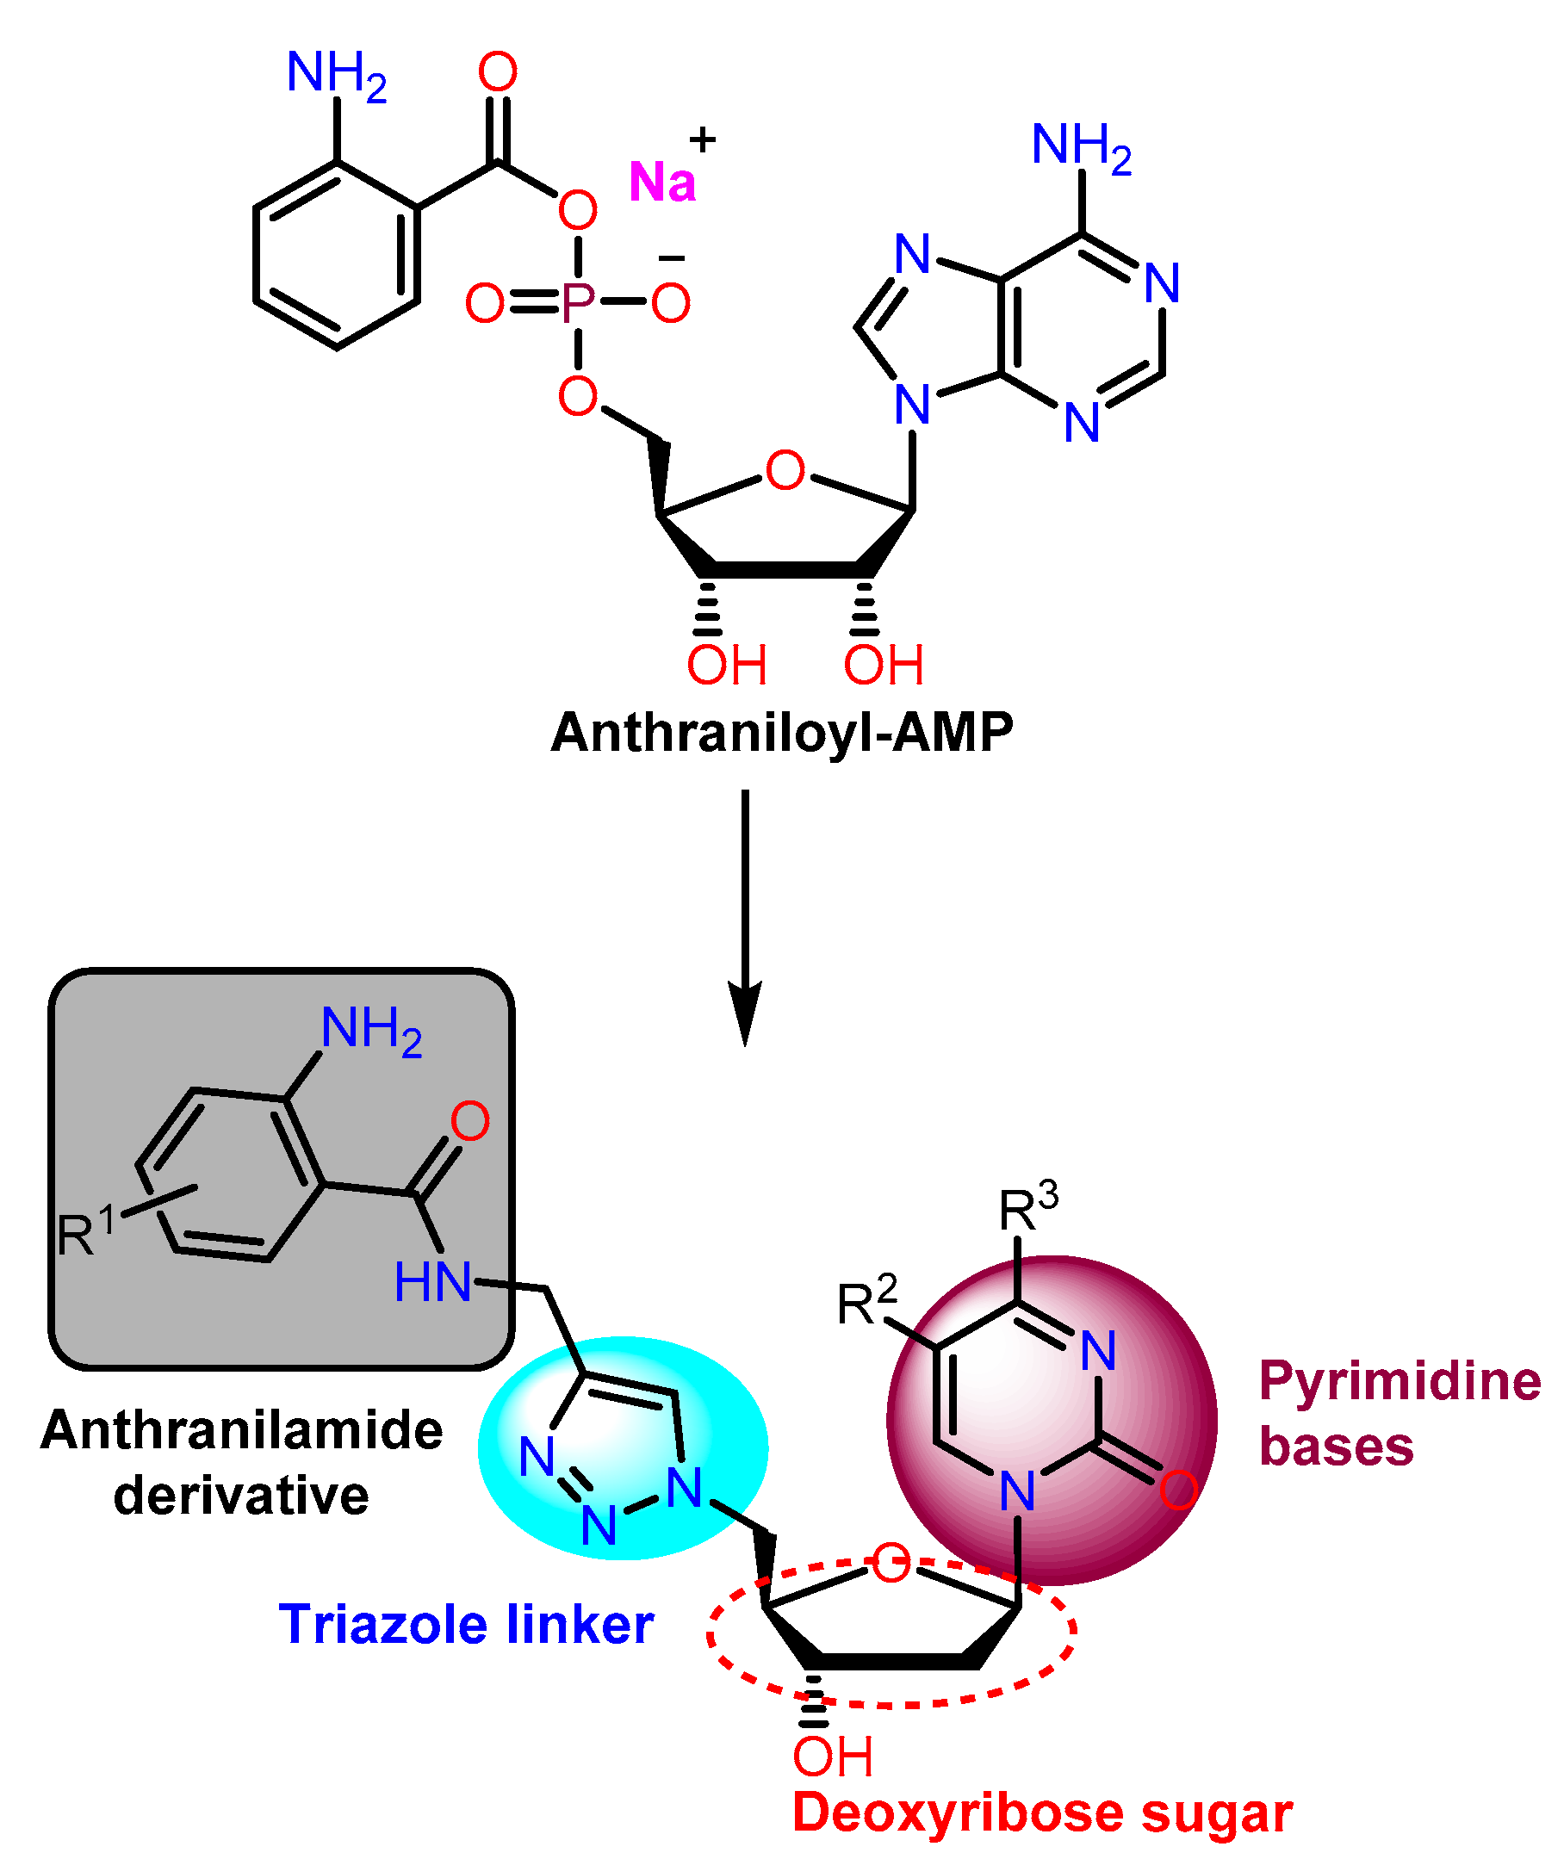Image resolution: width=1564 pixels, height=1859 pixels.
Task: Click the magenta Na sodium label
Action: [x=661, y=183]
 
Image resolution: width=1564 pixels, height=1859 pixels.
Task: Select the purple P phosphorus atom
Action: [x=578, y=303]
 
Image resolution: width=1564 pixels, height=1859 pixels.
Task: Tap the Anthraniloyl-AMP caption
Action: [x=781, y=733]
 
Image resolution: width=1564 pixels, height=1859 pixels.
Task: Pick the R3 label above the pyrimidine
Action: [x=1027, y=1206]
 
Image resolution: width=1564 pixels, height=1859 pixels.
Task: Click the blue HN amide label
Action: [x=432, y=1282]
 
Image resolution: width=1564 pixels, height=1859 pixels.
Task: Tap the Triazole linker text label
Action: [x=467, y=1624]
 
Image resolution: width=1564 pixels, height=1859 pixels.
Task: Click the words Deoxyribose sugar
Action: [x=1042, y=1812]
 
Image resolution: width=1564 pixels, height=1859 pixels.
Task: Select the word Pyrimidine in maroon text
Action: [x=1400, y=1381]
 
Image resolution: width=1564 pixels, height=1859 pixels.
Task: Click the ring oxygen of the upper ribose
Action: [x=785, y=470]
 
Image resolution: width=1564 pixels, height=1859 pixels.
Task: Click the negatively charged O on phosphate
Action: [x=671, y=303]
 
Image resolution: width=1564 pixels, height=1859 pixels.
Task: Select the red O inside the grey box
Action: [x=470, y=1121]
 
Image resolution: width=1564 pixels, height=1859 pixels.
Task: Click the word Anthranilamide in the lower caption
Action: [x=241, y=1430]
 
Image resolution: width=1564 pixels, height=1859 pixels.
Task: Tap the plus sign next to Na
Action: [x=702, y=139]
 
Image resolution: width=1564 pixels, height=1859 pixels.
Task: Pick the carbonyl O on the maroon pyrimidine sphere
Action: [x=1178, y=1490]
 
